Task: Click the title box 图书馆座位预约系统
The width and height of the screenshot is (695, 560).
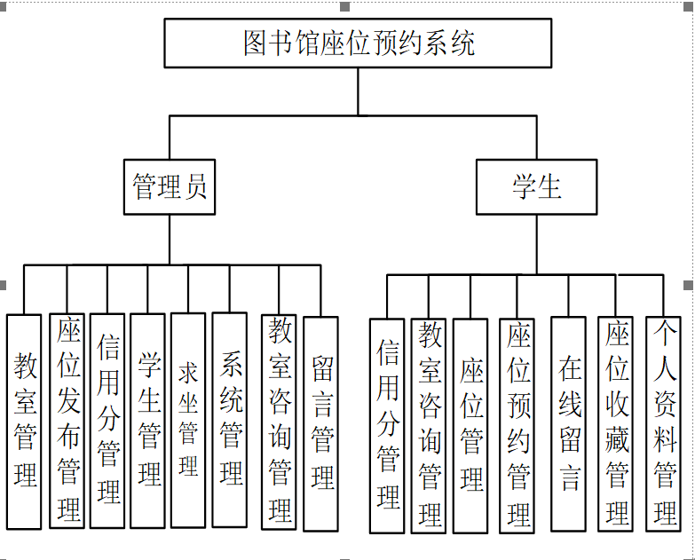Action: tap(358, 43)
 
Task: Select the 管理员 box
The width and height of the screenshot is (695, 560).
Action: tap(170, 187)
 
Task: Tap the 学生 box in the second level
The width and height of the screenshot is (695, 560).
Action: tap(536, 187)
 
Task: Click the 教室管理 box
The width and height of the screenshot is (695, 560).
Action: tap(25, 422)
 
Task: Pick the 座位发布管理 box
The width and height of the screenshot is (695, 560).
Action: tap(67, 422)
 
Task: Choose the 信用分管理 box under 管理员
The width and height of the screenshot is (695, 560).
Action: tap(108, 422)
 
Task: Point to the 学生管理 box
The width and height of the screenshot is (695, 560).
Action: tap(148, 422)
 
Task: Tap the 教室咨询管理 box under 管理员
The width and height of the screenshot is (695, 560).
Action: tap(280, 422)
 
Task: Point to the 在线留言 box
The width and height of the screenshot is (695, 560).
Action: tap(569, 424)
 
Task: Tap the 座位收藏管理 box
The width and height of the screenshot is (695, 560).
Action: tap(616, 424)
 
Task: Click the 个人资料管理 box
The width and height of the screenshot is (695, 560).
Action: tap(664, 424)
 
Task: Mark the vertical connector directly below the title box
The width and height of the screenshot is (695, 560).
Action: tap(359, 91)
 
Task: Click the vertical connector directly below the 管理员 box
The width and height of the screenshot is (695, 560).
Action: tap(170, 240)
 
